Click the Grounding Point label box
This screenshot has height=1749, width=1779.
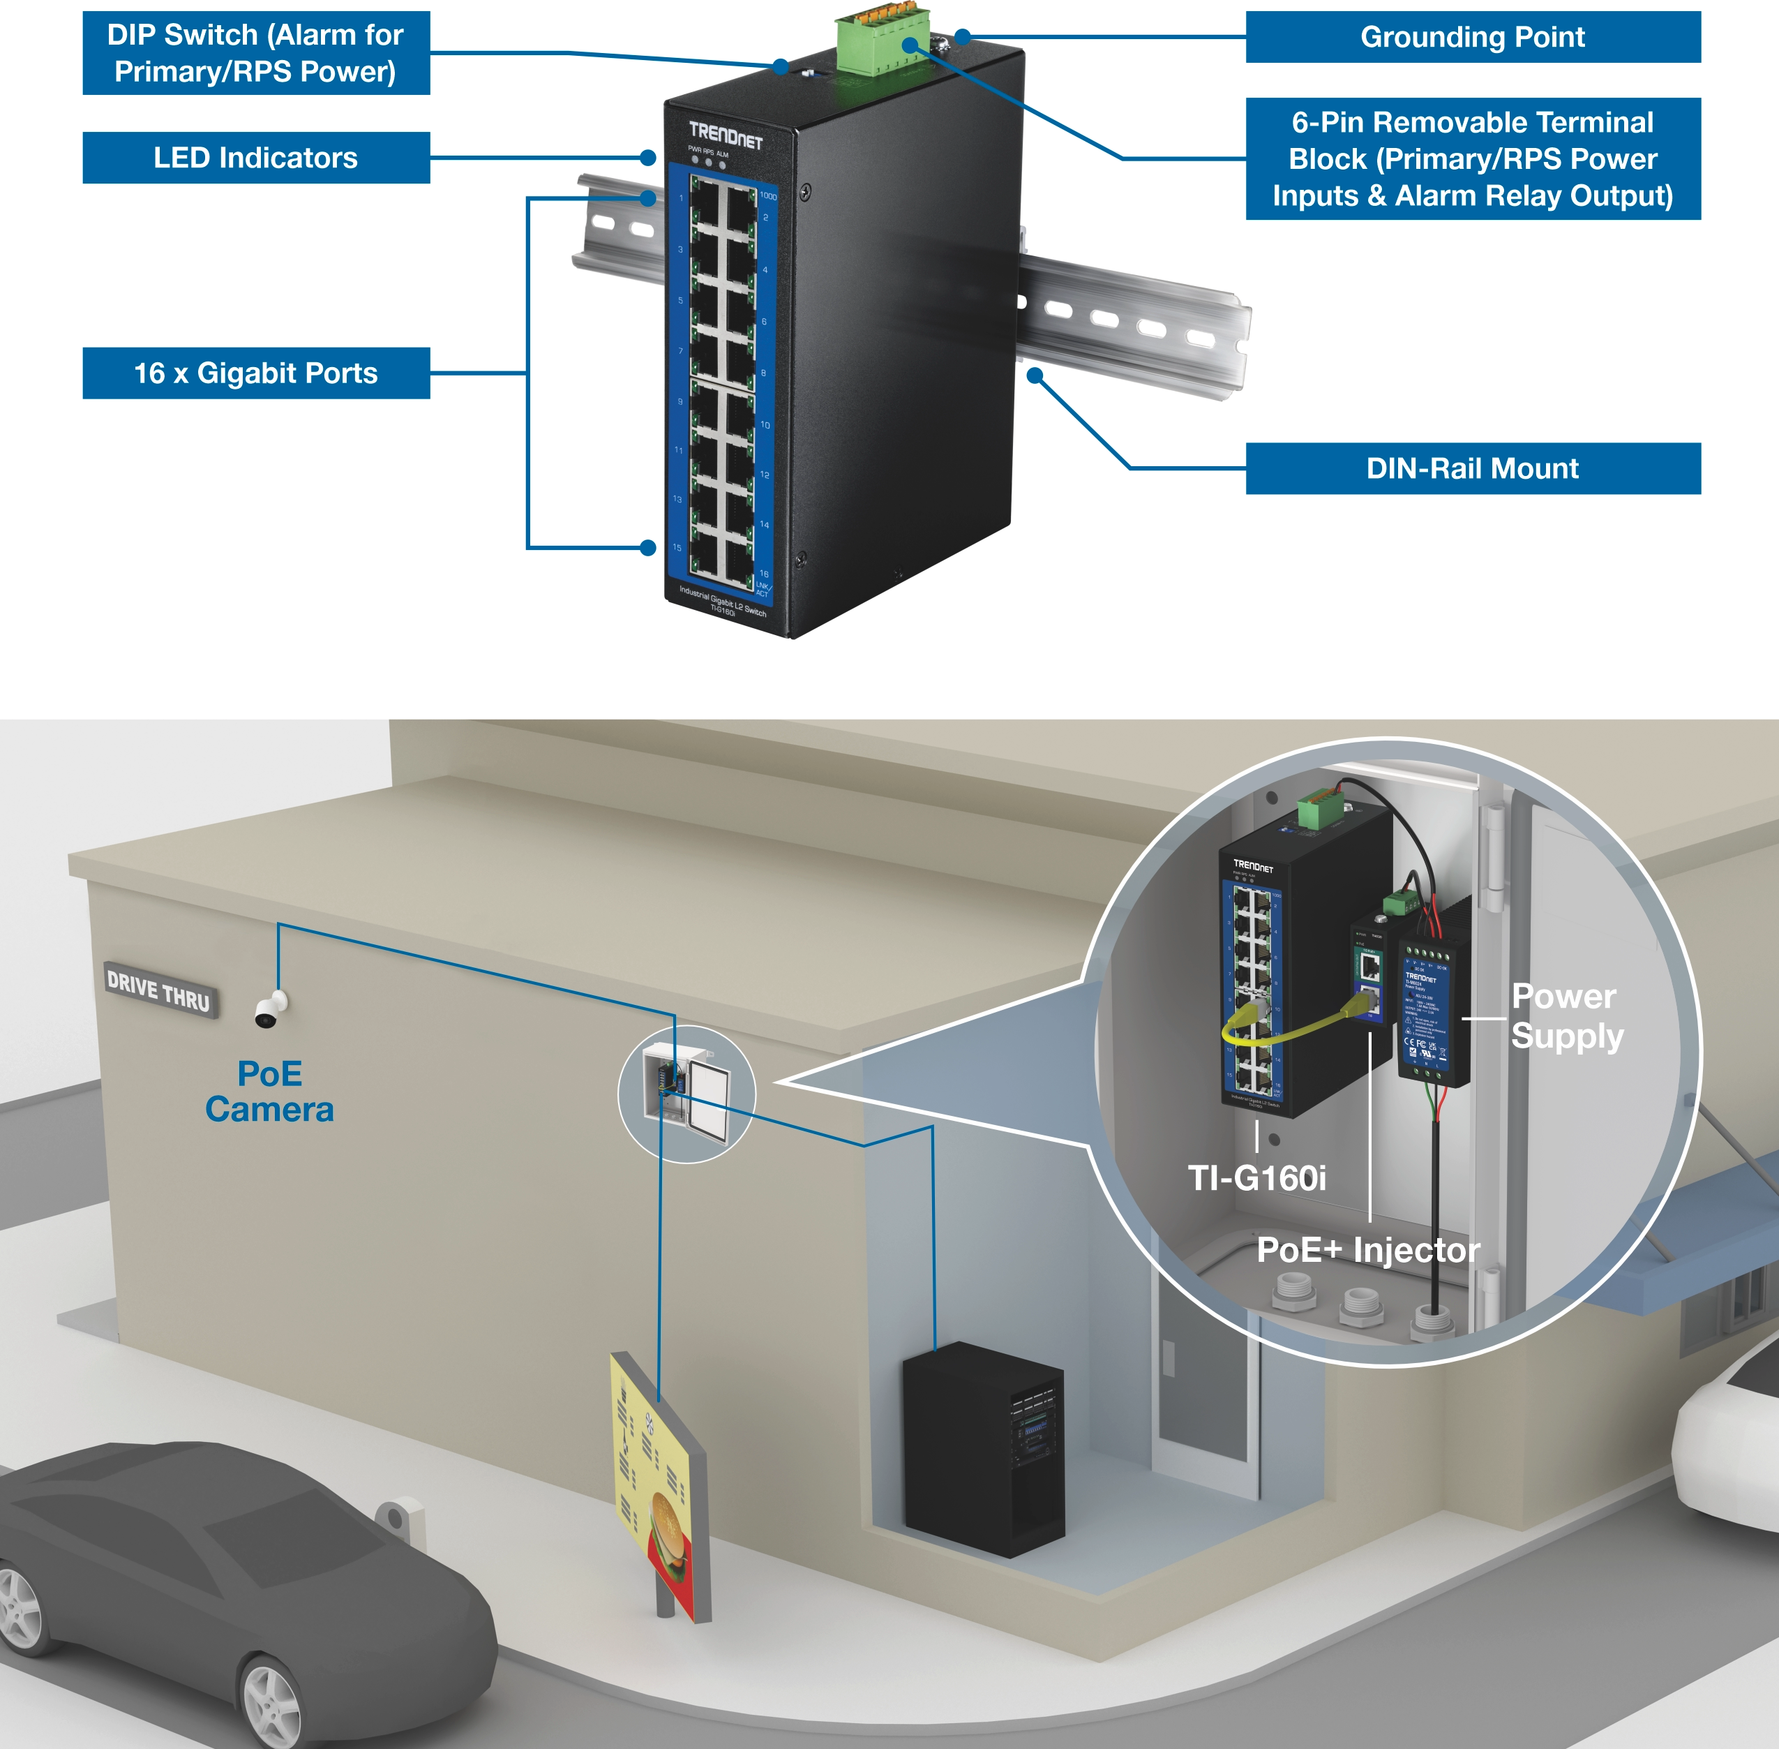pos(1472,37)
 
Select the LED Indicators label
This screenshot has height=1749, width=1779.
pos(255,158)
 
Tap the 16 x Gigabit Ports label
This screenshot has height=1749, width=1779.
pos(255,373)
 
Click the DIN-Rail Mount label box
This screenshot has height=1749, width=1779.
pos(1472,468)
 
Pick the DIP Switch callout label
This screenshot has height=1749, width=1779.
pos(255,53)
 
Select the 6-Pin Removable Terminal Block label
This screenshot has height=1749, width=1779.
pos(1472,159)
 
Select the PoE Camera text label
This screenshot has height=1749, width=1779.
pos(269,1092)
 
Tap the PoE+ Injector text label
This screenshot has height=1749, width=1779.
pos(1367,1250)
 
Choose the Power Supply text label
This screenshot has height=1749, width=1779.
pos(1566,1016)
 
